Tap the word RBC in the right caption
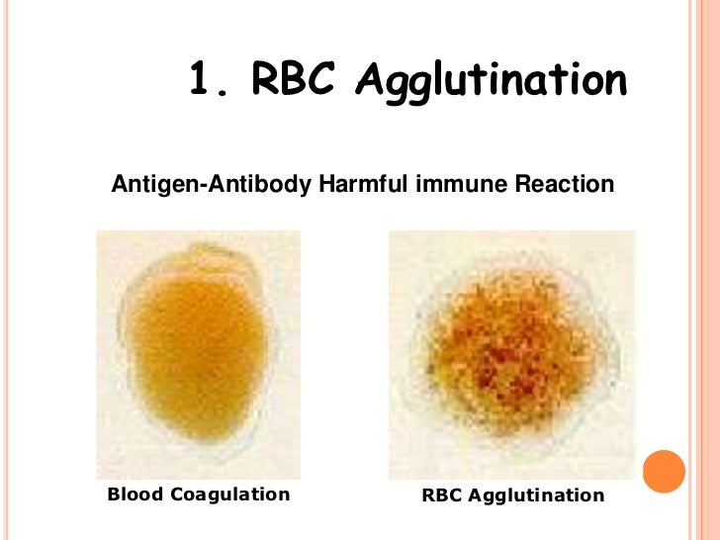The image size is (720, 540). tap(440, 495)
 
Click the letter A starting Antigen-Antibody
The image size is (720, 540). tap(120, 185)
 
